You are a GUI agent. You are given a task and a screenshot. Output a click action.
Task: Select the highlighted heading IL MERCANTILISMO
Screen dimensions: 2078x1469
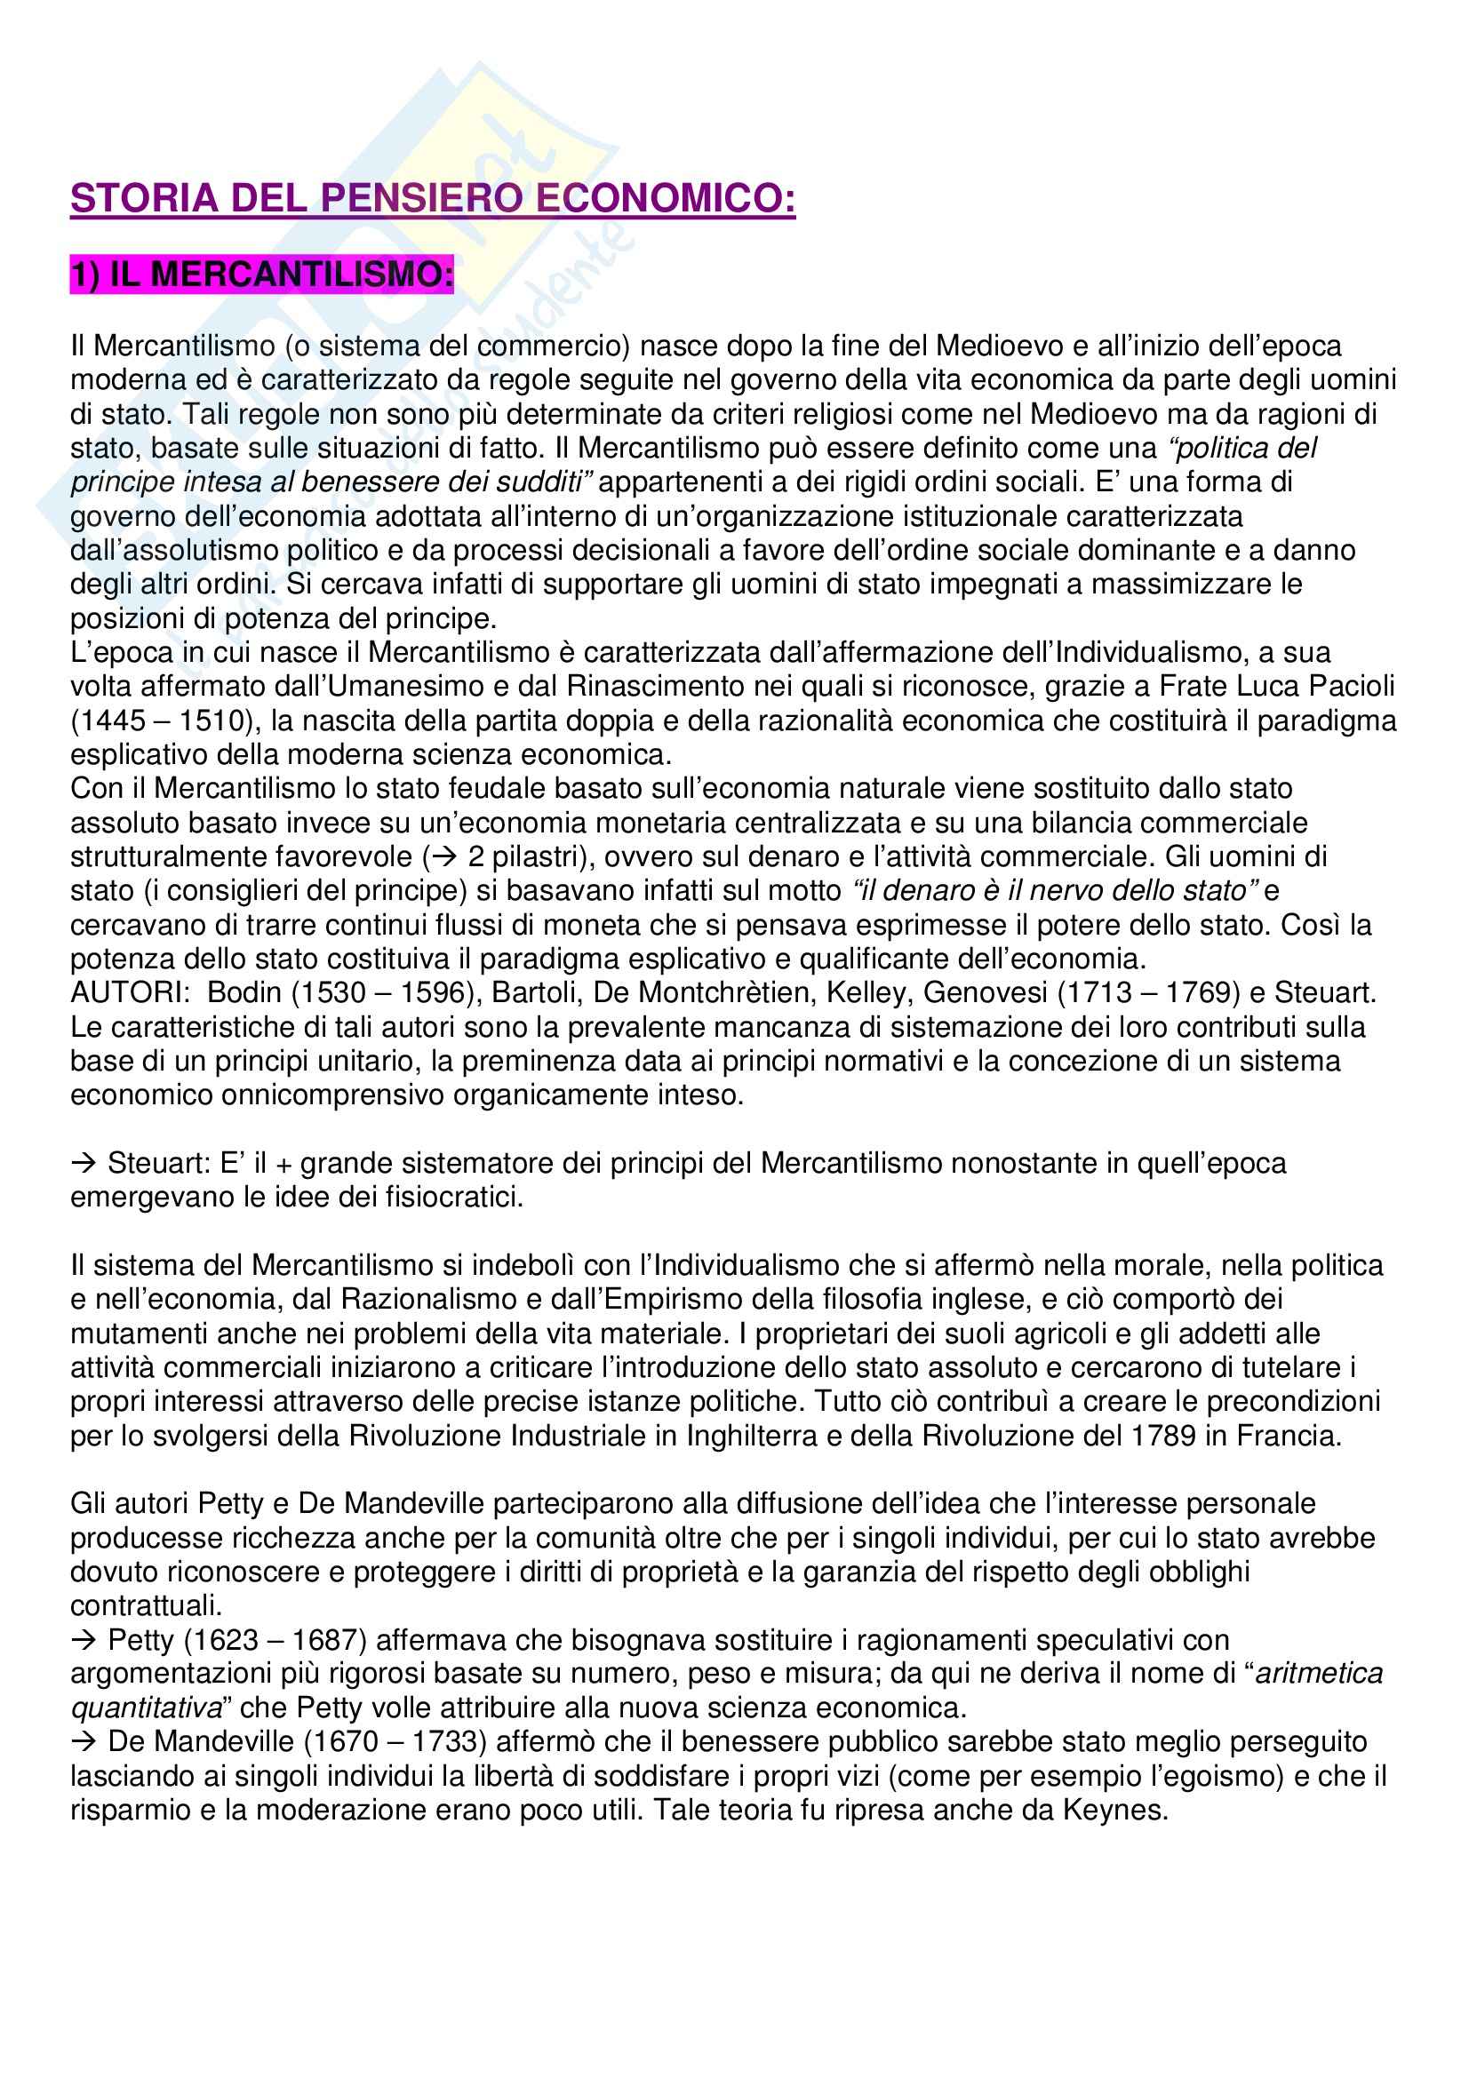(x=261, y=275)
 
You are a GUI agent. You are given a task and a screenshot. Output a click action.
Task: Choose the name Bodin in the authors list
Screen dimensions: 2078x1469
(x=244, y=993)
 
